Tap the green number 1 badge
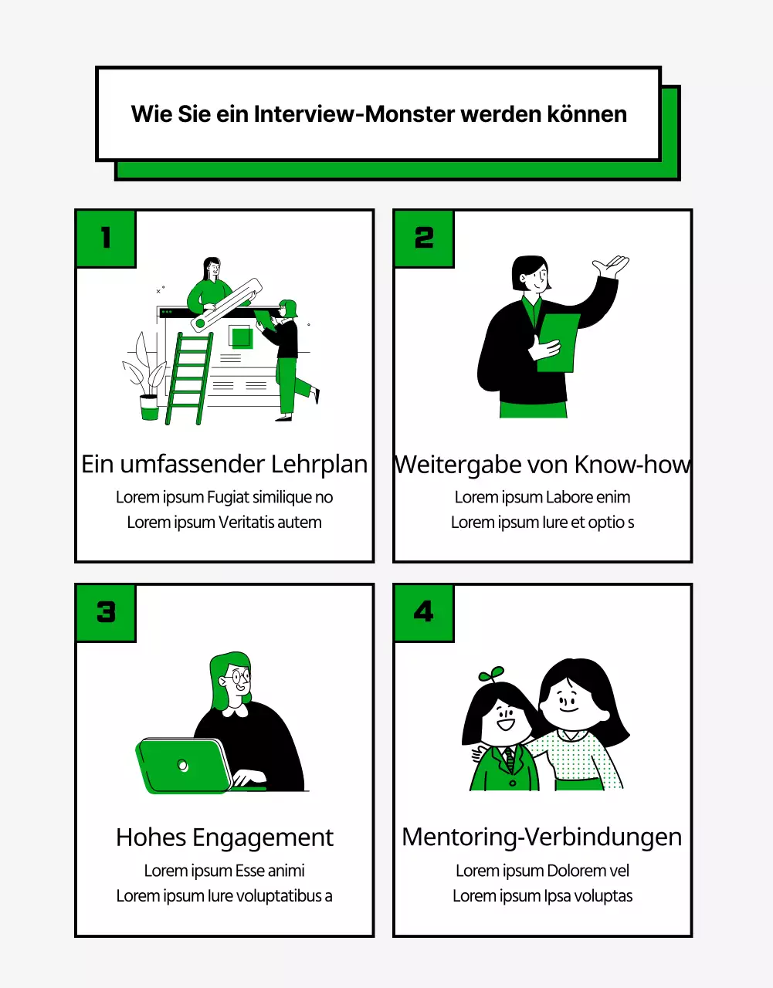point(106,238)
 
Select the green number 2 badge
point(424,238)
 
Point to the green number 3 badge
point(106,612)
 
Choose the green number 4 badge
point(424,612)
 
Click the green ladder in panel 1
point(188,378)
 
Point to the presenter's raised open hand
point(611,268)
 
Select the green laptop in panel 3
point(184,765)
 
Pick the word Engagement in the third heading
point(263,837)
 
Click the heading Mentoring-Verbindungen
point(542,837)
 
